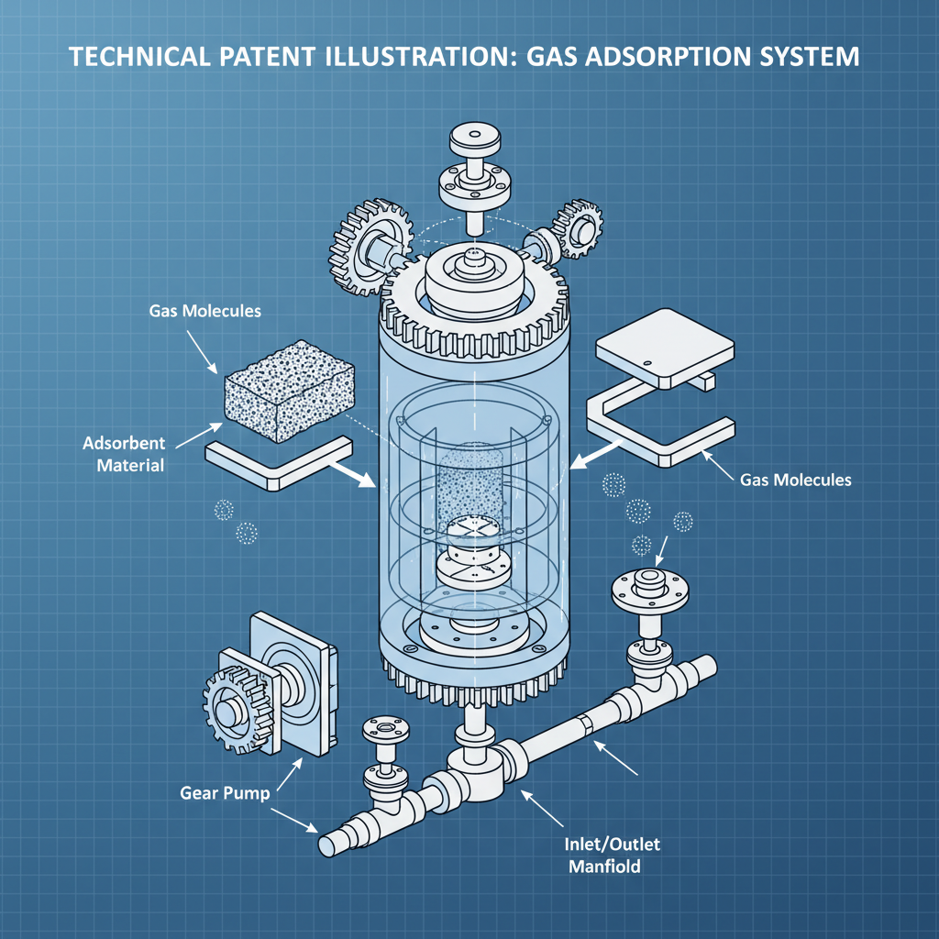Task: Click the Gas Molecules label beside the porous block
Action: pos(204,311)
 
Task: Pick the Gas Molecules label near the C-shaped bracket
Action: pos(795,480)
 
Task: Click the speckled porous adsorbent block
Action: pos(289,391)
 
